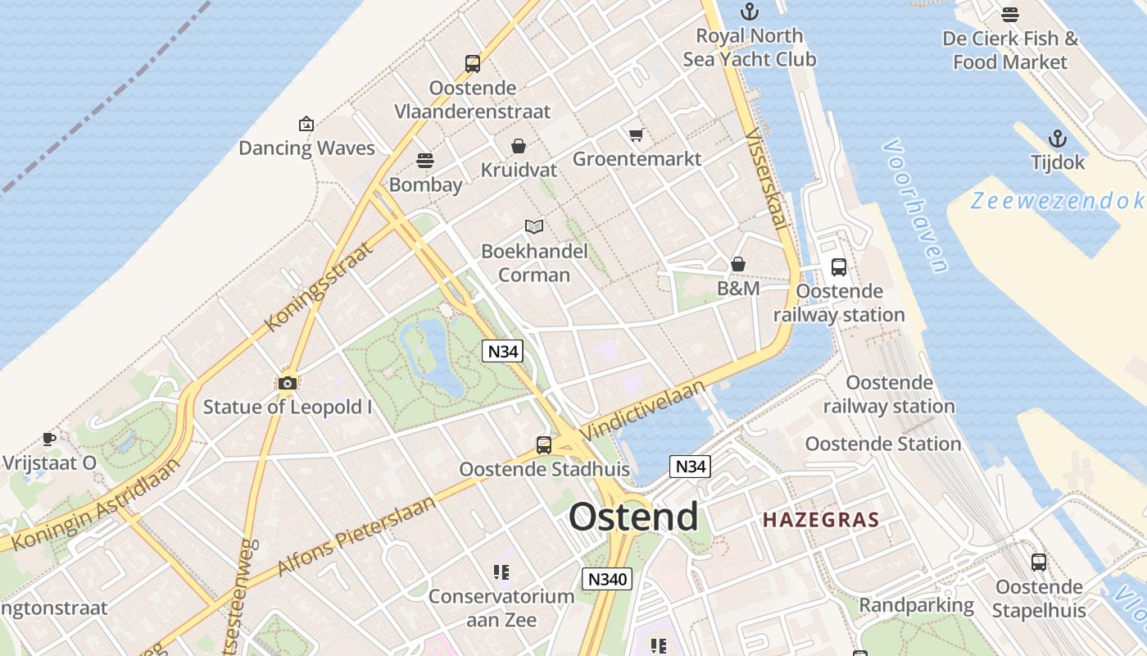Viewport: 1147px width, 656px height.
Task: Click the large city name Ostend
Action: click(633, 517)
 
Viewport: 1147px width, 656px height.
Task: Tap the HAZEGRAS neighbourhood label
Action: click(820, 520)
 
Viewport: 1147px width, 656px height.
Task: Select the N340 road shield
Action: click(607, 579)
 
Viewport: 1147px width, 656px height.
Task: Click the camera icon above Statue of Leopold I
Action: click(287, 383)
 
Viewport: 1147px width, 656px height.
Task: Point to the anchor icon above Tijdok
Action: click(1058, 139)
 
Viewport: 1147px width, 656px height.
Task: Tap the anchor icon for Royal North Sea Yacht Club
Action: click(749, 11)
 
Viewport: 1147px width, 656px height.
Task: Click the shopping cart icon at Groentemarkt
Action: click(636, 134)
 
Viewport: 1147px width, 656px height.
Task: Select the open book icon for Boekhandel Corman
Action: click(534, 226)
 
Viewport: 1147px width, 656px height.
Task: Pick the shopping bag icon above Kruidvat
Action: click(518, 146)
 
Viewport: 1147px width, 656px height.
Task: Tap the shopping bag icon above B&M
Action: click(737, 264)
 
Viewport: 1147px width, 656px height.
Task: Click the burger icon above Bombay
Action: click(424, 160)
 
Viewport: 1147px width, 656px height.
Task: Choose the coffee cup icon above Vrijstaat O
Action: click(49, 439)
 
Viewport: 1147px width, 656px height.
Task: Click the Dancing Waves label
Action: click(306, 148)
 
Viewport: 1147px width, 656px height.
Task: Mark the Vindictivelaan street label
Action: click(642, 410)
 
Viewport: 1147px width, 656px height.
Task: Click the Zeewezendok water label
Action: click(1056, 201)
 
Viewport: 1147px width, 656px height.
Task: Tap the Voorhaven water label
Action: click(915, 205)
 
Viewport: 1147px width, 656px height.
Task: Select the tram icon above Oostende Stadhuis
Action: click(543, 445)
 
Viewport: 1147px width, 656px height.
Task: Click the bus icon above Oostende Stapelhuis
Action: click(1038, 563)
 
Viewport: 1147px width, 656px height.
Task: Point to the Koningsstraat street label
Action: click(320, 285)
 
